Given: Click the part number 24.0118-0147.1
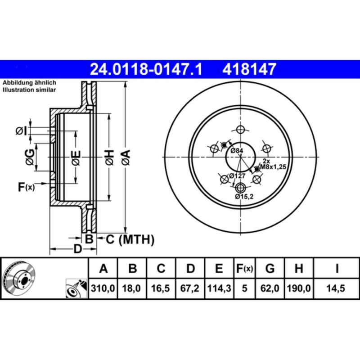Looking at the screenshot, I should tap(146, 69).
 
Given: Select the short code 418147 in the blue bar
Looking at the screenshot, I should tap(248, 69).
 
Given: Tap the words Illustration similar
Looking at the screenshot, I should tap(29, 90).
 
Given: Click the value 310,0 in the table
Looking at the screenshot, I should tap(103, 288).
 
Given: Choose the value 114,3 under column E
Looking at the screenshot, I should tap(219, 288).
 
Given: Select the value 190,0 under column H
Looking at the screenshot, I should tap(298, 288).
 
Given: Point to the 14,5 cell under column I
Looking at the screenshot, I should tap(337, 288).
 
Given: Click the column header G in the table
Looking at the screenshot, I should tap(270, 269).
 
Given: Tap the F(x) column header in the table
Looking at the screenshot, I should tap(245, 269).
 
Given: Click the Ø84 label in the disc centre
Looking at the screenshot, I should tap(237, 151).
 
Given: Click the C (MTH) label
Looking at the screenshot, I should tap(130, 240).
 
